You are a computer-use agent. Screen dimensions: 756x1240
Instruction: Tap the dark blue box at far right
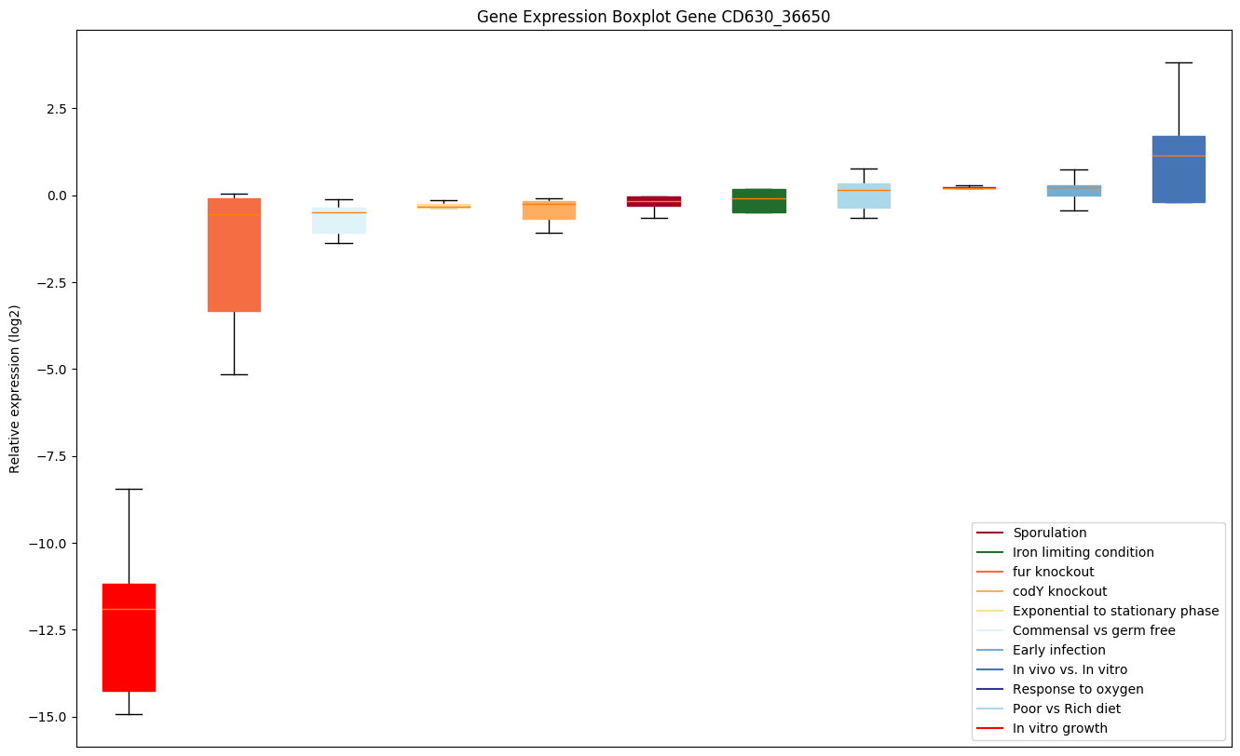(1179, 169)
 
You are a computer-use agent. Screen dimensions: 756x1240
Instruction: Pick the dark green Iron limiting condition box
(758, 201)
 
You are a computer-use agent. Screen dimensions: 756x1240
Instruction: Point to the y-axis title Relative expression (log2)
(15, 388)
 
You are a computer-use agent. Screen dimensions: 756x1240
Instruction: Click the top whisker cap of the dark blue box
(1179, 62)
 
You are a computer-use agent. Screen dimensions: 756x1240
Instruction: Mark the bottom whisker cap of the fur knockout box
(234, 374)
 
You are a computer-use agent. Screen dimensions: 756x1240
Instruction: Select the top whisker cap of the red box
(129, 489)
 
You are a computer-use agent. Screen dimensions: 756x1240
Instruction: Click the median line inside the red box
(129, 609)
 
